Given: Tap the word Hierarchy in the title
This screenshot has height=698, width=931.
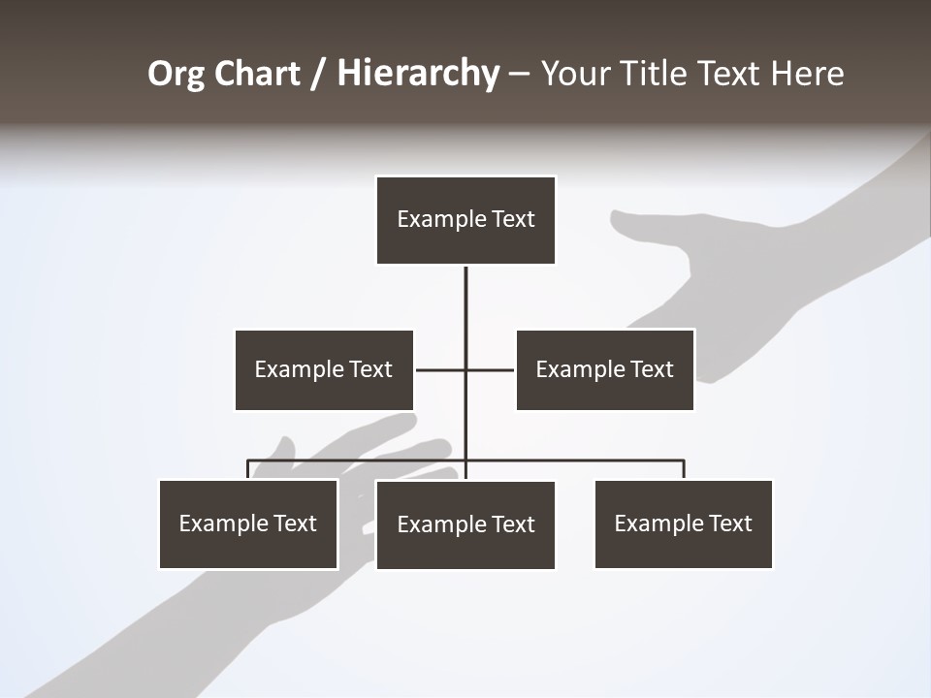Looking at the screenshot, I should pos(418,75).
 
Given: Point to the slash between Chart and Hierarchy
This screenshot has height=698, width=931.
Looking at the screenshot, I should pos(318,75).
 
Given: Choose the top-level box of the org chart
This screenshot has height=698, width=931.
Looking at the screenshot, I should pos(465,220).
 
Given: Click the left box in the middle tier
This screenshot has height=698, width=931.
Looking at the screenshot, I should pos(324,369).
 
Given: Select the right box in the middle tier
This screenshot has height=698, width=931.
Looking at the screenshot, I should pos(604,369).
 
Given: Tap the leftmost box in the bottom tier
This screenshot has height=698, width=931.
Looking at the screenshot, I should pos(248,523).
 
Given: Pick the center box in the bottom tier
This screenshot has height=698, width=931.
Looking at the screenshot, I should pos(465,524).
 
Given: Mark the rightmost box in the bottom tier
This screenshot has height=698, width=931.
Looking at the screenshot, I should pos(683,523).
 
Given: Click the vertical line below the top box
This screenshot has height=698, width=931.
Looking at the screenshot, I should pos(465,310).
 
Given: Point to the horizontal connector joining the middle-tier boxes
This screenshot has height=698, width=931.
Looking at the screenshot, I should pos(441,369).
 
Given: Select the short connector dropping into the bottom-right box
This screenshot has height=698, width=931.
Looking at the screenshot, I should pos(684,469).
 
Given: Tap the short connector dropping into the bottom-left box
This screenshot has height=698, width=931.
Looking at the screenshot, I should pos(248,469).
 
